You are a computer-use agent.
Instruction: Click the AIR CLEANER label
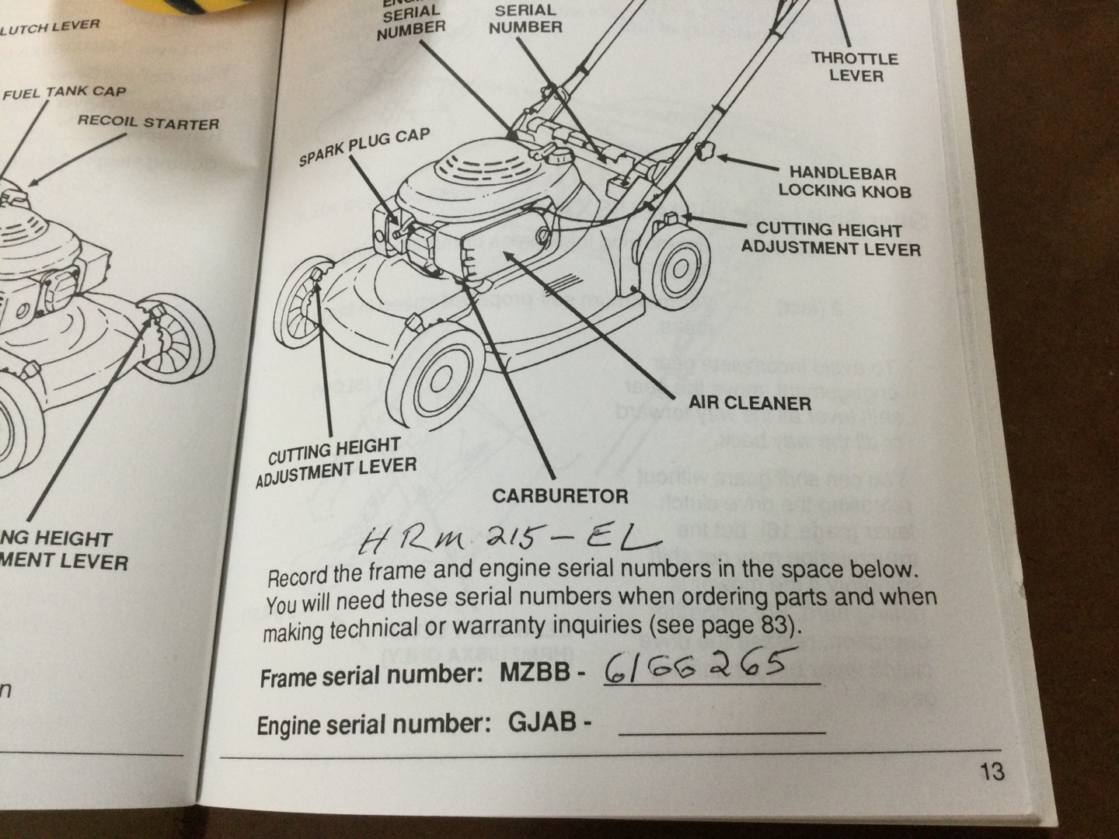click(x=749, y=402)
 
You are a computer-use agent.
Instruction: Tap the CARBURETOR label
click(x=559, y=496)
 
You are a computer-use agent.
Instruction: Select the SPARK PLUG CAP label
click(x=364, y=148)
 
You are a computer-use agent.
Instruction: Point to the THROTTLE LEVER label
click(x=855, y=67)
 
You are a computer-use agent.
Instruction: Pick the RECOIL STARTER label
click(x=148, y=122)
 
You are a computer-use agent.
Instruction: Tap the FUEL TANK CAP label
click(x=64, y=92)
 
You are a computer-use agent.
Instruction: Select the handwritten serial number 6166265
click(x=692, y=666)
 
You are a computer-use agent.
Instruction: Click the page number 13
click(x=992, y=771)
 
